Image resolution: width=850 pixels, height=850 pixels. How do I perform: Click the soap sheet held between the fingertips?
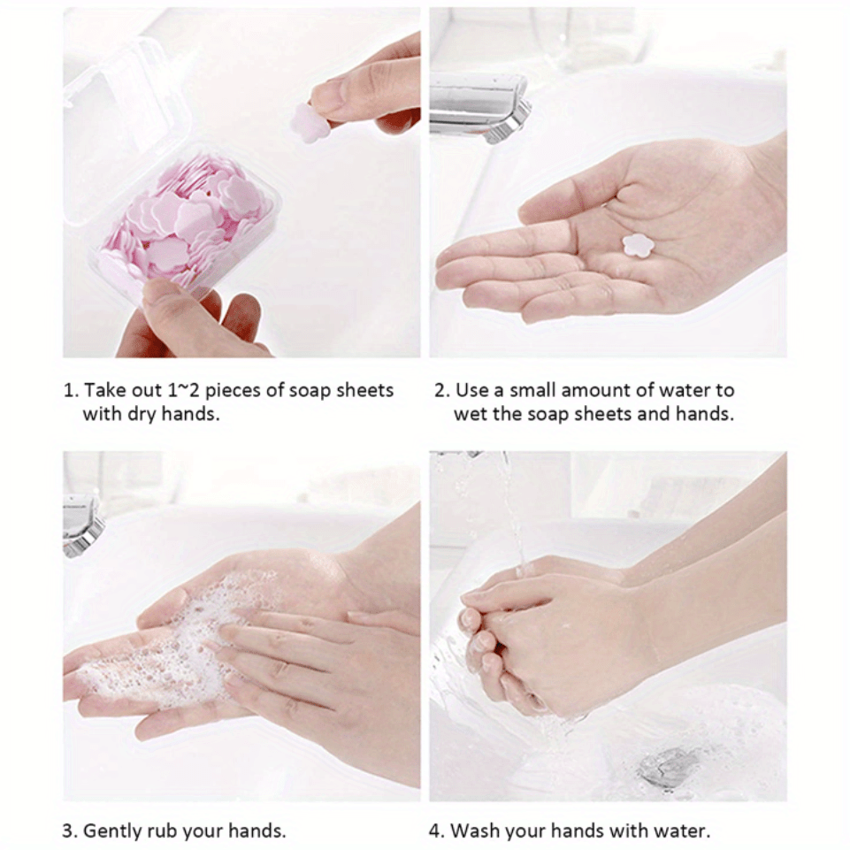(310, 122)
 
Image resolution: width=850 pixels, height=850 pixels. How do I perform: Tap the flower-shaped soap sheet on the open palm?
(636, 245)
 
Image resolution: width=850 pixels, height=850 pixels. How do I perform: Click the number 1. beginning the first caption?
(69, 390)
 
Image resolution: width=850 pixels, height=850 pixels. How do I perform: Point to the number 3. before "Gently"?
(69, 831)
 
